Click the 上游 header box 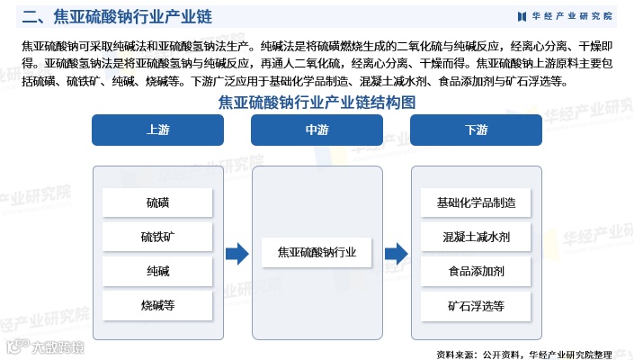click(156, 130)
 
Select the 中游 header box click(317, 130)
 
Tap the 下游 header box click(476, 130)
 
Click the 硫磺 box click(157, 202)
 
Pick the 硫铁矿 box click(157, 237)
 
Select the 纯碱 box click(157, 271)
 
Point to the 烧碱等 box click(157, 305)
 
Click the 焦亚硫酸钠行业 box click(317, 254)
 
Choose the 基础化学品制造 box click(476, 202)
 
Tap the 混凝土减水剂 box click(476, 237)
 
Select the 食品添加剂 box click(476, 271)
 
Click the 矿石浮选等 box click(476, 305)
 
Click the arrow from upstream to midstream click(237, 254)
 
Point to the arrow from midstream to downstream click(396, 254)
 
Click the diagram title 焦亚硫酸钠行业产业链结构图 click(317, 103)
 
